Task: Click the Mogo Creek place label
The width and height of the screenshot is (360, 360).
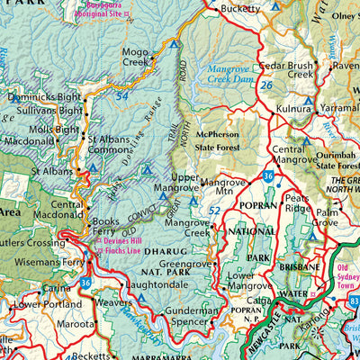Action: click(136, 58)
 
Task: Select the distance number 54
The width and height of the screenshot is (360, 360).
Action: click(121, 94)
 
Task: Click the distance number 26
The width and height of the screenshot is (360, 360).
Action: click(267, 86)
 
